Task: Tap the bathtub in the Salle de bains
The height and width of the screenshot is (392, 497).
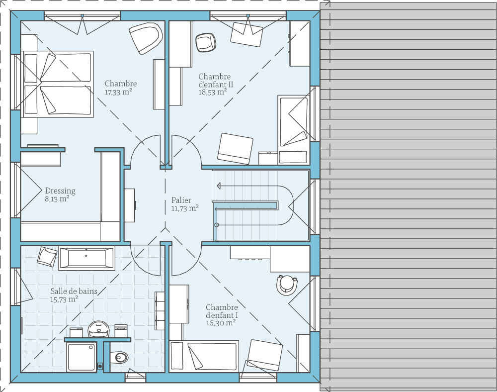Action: pyautogui.click(x=86, y=258)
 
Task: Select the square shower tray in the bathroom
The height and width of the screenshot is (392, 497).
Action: pyautogui.click(x=81, y=357)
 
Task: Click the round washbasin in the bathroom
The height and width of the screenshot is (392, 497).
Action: pyautogui.click(x=98, y=329)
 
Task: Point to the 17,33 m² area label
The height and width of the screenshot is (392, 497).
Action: pyautogui.click(x=118, y=92)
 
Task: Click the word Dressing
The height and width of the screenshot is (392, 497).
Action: pyautogui.click(x=60, y=191)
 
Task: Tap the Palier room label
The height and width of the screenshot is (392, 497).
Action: pyautogui.click(x=181, y=200)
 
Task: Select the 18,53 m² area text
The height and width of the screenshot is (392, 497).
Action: pyautogui.click(x=212, y=92)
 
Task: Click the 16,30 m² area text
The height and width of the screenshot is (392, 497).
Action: pyautogui.click(x=221, y=323)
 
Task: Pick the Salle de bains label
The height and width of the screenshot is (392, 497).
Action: pyautogui.click(x=74, y=291)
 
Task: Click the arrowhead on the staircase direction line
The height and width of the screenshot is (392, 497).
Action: pyautogui.click(x=219, y=186)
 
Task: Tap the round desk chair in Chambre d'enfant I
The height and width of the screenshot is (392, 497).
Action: pyautogui.click(x=287, y=285)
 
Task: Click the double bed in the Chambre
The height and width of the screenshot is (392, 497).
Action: pyautogui.click(x=57, y=84)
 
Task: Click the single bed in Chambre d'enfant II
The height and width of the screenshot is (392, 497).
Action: pyautogui.click(x=294, y=129)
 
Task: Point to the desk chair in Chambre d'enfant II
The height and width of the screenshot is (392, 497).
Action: pyautogui.click(x=206, y=42)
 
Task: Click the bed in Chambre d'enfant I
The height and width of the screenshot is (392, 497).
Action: pyautogui.click(x=204, y=355)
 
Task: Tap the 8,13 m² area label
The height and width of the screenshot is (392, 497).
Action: pyautogui.click(x=57, y=199)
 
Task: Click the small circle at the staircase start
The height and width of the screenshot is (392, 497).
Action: pyautogui.click(x=217, y=225)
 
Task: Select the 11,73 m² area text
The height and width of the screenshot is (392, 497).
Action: pyautogui.click(x=185, y=208)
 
